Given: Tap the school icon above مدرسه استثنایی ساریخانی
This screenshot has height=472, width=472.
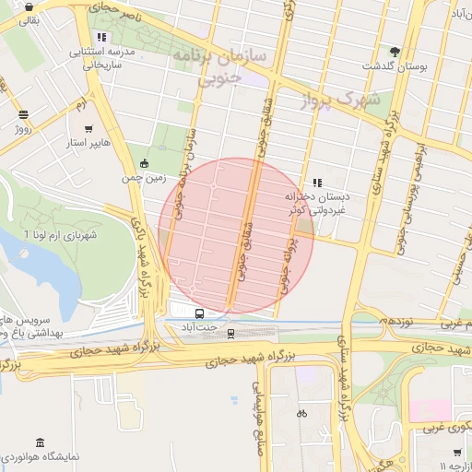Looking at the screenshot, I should click(x=101, y=38).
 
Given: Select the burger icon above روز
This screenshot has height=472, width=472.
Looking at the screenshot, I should click(x=23, y=115).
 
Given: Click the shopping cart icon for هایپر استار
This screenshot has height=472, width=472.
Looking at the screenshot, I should click(x=88, y=129).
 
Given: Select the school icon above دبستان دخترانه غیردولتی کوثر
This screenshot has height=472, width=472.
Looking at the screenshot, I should click(x=318, y=183).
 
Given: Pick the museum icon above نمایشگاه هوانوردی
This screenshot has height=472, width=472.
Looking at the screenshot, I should click(x=39, y=442).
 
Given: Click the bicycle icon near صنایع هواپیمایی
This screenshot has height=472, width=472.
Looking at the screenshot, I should click(x=301, y=414).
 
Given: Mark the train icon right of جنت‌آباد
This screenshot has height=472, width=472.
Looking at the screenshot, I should click(x=230, y=333).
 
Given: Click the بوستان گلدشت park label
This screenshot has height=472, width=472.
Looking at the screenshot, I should click(x=399, y=67).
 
